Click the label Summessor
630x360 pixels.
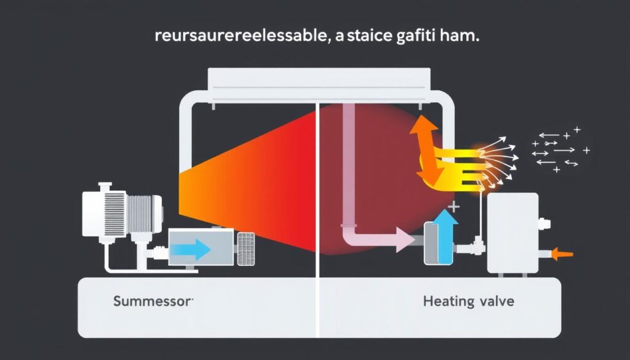pos(153,302)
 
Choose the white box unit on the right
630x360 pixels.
pos(512,233)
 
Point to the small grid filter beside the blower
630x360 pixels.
pos(245,248)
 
